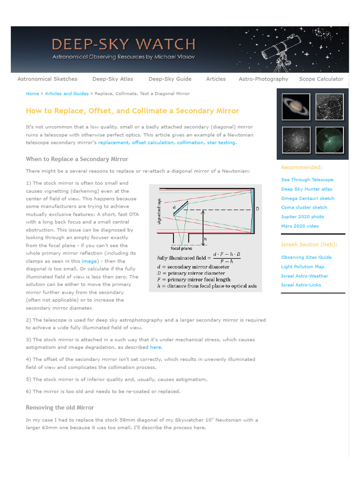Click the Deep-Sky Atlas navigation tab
tap(112, 79)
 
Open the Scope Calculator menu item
tap(321, 79)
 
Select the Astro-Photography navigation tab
tap(263, 79)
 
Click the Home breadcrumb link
tap(32, 94)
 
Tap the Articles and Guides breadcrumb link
tap(67, 94)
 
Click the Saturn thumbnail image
tap(296, 107)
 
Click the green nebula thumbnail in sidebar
tap(330, 140)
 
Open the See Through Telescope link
tap(307, 180)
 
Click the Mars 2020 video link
tap(300, 226)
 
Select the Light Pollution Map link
tap(302, 267)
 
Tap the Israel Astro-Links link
tap(301, 285)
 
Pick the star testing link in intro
tap(221, 142)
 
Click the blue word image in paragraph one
tap(89, 261)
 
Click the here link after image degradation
tap(155, 347)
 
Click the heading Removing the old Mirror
tap(60, 408)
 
